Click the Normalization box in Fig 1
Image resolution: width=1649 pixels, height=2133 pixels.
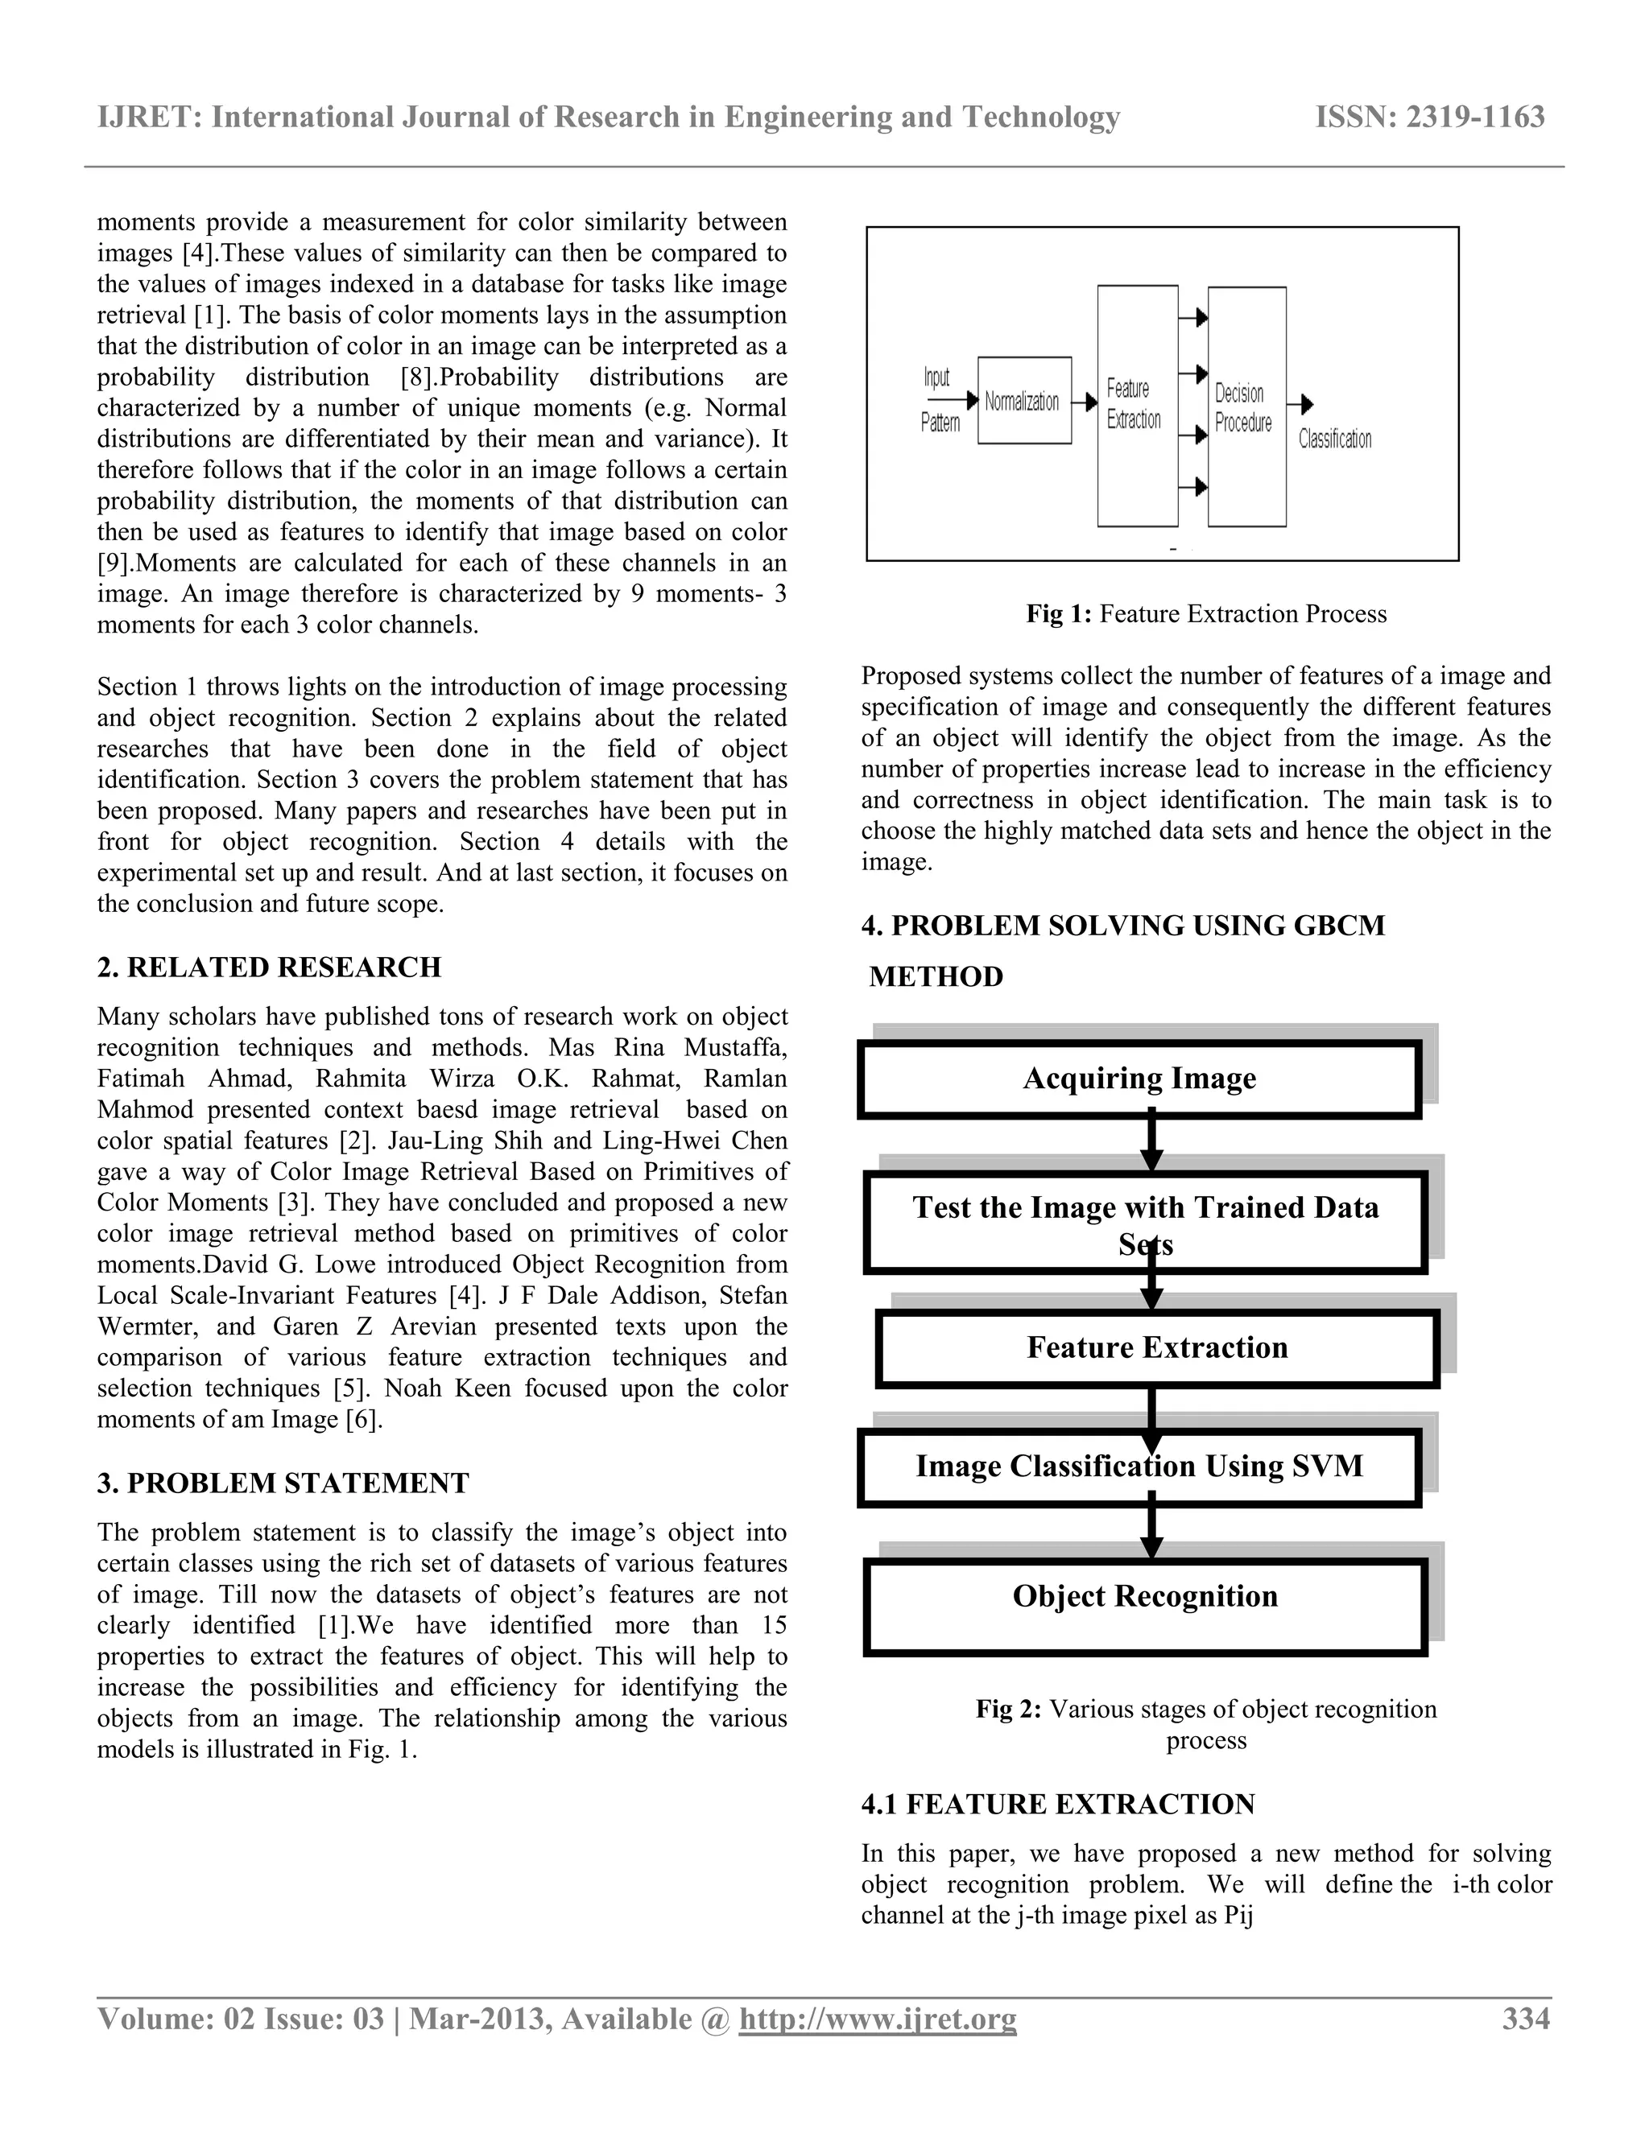click(x=1024, y=400)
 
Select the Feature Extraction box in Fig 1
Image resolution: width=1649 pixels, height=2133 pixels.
click(x=1137, y=406)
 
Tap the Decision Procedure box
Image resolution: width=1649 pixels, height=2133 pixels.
click(x=1246, y=407)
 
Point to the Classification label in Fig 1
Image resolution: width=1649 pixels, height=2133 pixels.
click(x=1334, y=439)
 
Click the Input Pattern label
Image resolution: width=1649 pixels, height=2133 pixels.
click(x=939, y=400)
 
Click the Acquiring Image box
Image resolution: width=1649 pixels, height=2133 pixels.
click(x=1139, y=1079)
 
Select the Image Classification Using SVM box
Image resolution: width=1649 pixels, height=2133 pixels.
click(x=1139, y=1466)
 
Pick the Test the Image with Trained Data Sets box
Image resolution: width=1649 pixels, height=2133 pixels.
click(x=1145, y=1223)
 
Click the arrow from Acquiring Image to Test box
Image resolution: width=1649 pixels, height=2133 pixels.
click(x=1151, y=1145)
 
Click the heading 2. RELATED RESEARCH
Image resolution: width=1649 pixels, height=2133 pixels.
click(x=269, y=967)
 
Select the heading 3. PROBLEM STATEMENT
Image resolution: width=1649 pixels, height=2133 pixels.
click(x=283, y=1483)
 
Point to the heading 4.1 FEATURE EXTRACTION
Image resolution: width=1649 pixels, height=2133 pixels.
click(x=1058, y=1804)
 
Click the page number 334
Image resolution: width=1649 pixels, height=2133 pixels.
click(x=1525, y=2019)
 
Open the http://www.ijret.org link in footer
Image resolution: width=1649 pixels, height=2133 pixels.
click(x=878, y=2019)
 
